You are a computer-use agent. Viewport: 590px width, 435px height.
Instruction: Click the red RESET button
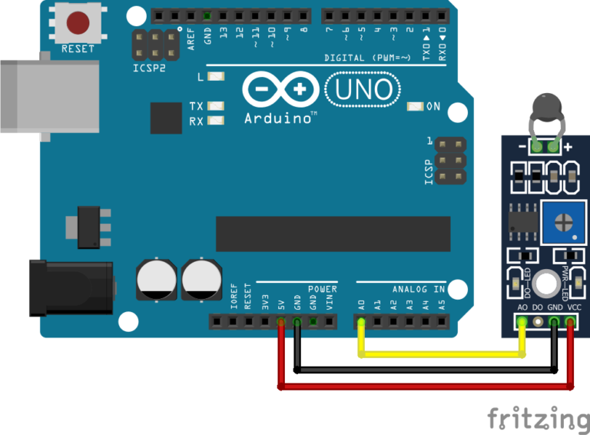(x=78, y=22)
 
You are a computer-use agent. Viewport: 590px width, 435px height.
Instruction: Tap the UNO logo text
(x=363, y=90)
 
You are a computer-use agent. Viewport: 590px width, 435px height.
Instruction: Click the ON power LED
(x=416, y=107)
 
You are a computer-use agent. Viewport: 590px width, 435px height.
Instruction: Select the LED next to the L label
(x=216, y=76)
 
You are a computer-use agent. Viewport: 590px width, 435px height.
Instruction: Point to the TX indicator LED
(x=216, y=106)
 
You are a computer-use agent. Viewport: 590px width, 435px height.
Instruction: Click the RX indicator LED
(x=216, y=121)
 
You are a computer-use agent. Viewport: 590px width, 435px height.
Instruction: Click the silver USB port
(x=50, y=96)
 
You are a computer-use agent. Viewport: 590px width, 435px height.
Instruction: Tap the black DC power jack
(x=71, y=288)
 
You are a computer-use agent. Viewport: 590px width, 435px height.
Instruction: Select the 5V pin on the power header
(x=281, y=322)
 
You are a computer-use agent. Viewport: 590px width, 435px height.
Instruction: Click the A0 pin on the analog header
(x=361, y=322)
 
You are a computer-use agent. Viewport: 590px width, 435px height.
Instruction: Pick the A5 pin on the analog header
(x=442, y=322)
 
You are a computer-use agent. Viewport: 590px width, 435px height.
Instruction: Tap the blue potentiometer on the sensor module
(x=564, y=222)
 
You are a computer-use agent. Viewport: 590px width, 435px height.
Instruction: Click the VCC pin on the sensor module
(x=570, y=322)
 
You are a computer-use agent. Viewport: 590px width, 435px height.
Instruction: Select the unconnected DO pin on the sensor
(x=538, y=322)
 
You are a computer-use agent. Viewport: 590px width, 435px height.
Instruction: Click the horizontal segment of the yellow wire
(x=442, y=354)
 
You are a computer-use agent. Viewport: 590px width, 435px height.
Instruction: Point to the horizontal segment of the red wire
(x=426, y=387)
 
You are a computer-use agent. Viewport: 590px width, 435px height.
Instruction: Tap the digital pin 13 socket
(x=223, y=16)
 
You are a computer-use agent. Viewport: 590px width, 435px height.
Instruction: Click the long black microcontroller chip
(x=333, y=234)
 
